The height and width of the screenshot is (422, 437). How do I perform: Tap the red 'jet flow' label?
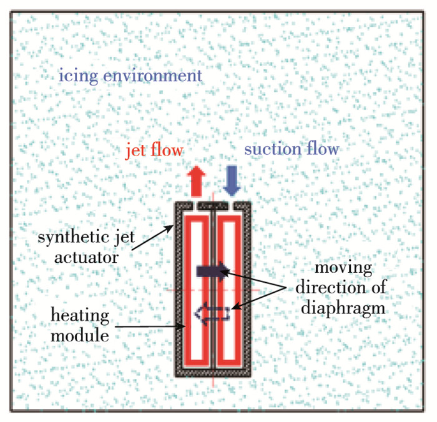[x=154, y=150]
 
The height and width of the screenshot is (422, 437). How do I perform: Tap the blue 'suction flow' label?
[x=291, y=150]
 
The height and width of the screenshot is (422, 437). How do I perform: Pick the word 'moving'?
[x=343, y=270]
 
